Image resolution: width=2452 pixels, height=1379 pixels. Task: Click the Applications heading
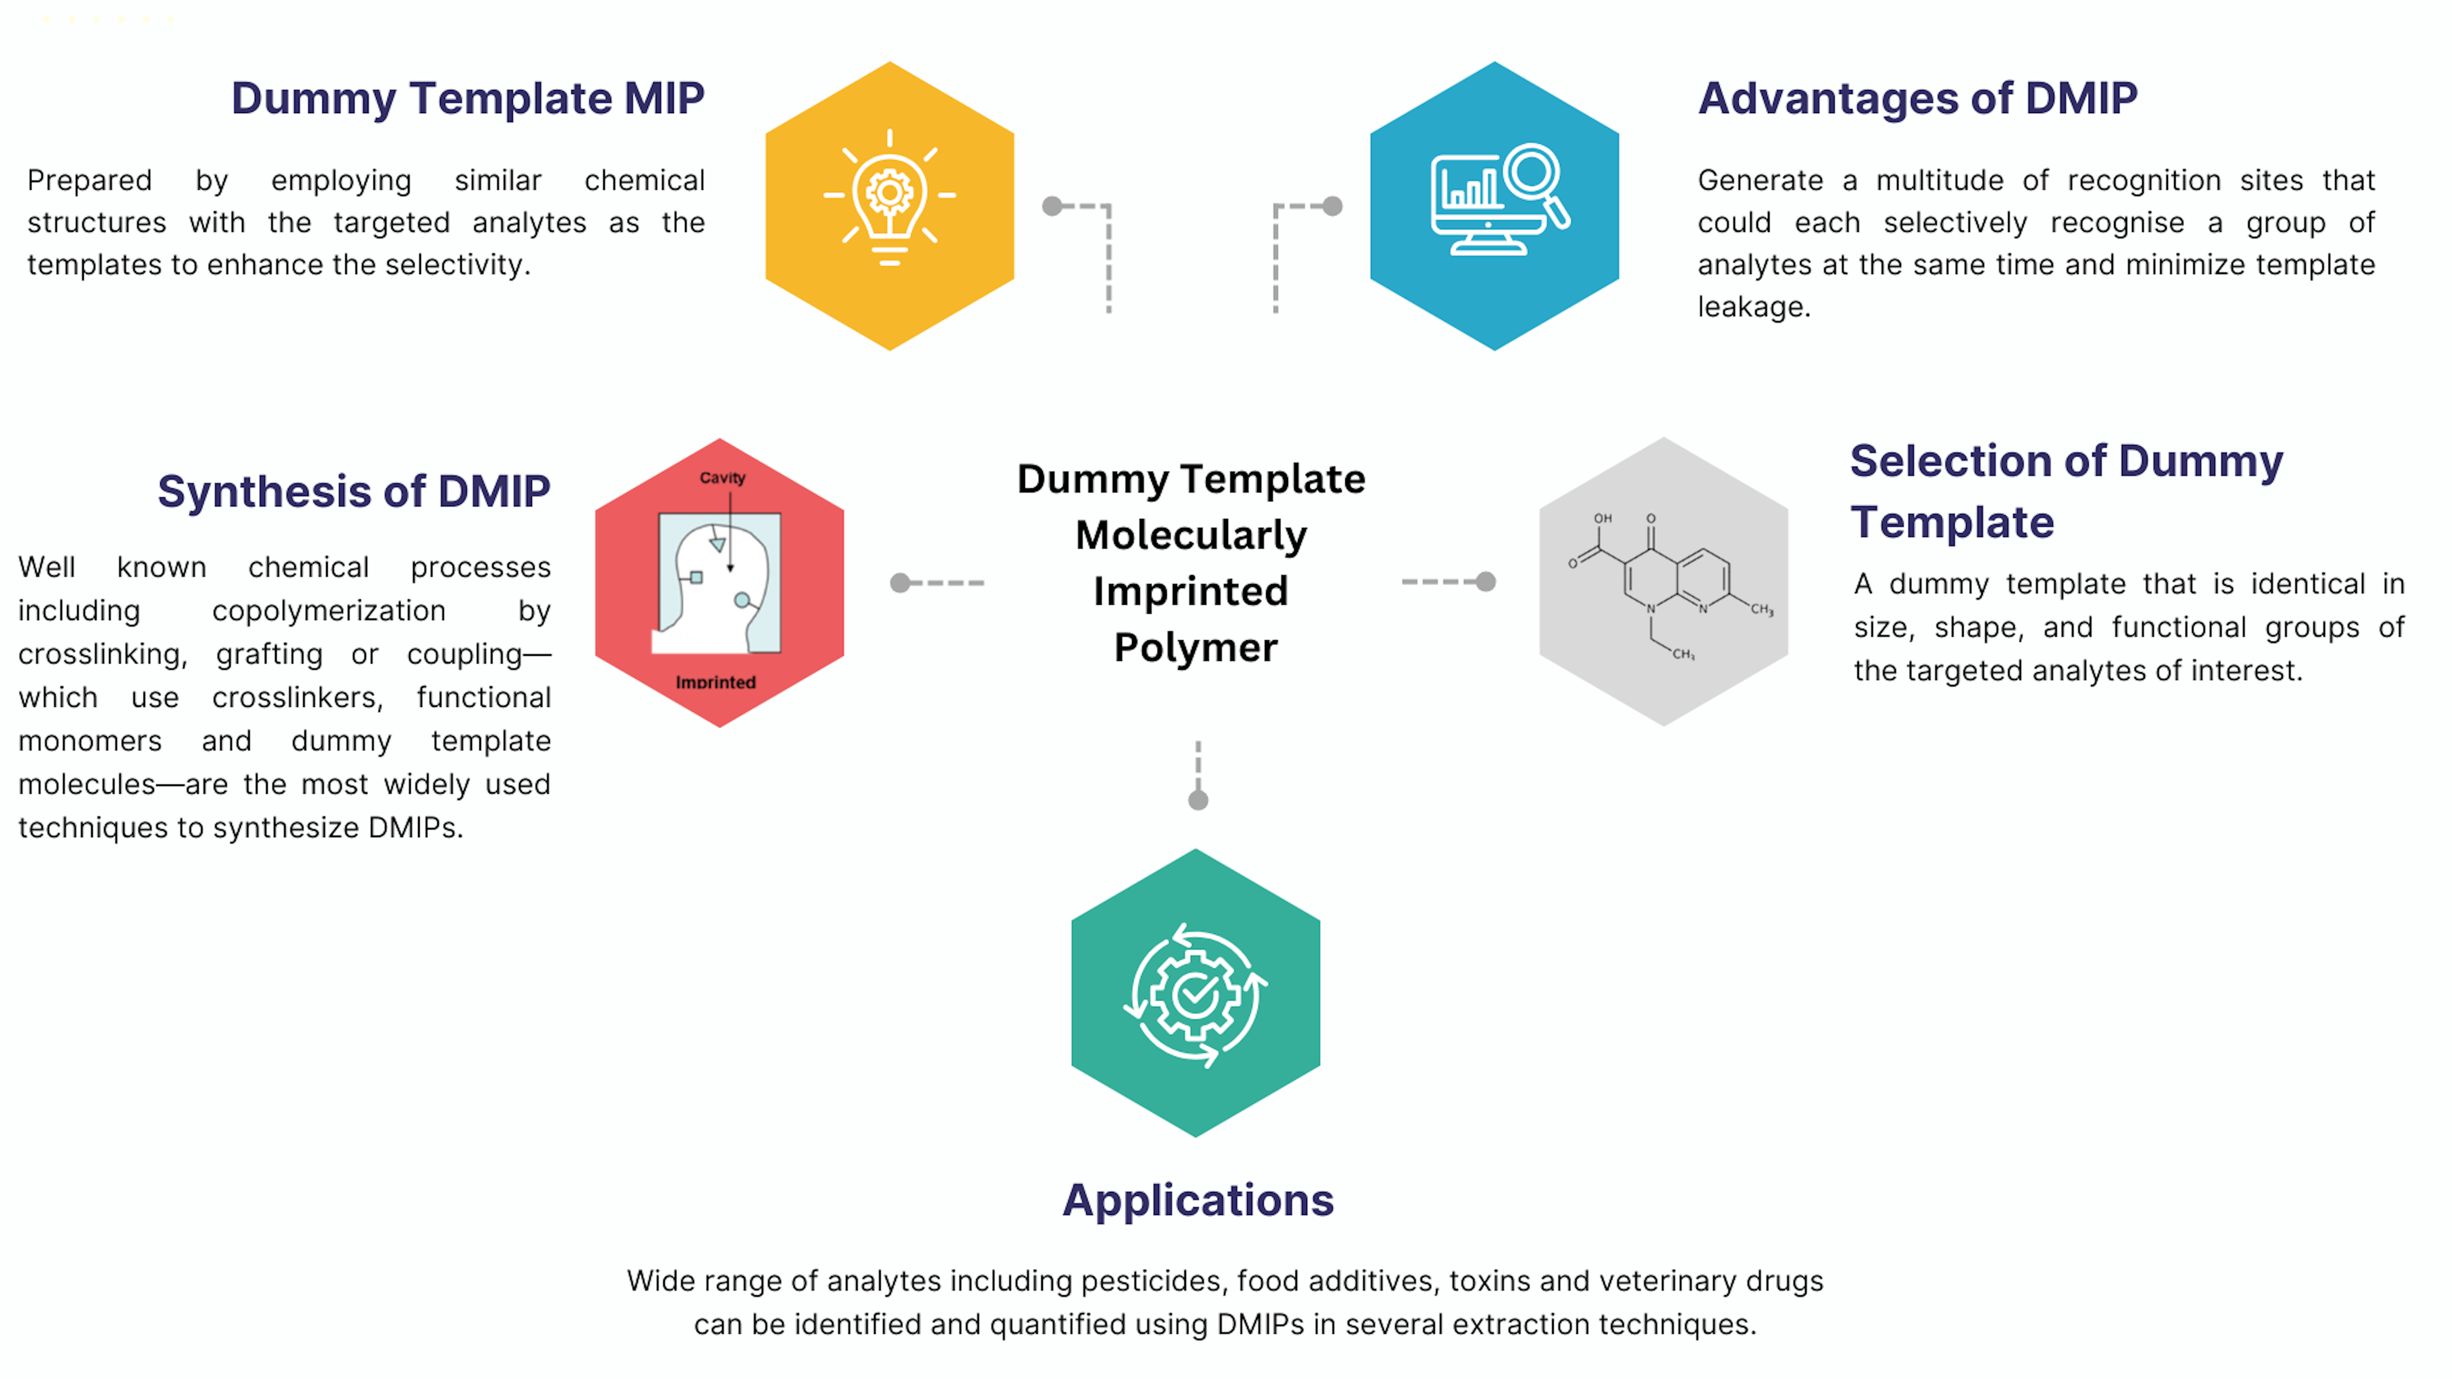pos(1197,1200)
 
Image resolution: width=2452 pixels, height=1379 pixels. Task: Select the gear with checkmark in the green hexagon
pos(1195,995)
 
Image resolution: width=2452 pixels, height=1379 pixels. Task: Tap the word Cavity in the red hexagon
pos(723,478)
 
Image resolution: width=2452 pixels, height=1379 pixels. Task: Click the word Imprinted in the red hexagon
pos(716,682)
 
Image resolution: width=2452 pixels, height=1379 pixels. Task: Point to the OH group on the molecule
pos(1603,519)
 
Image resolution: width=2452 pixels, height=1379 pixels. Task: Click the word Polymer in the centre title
pos(1195,648)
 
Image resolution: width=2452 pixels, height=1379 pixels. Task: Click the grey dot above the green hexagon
pos(1198,800)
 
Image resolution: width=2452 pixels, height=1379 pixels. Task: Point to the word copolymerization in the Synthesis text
pos(329,611)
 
